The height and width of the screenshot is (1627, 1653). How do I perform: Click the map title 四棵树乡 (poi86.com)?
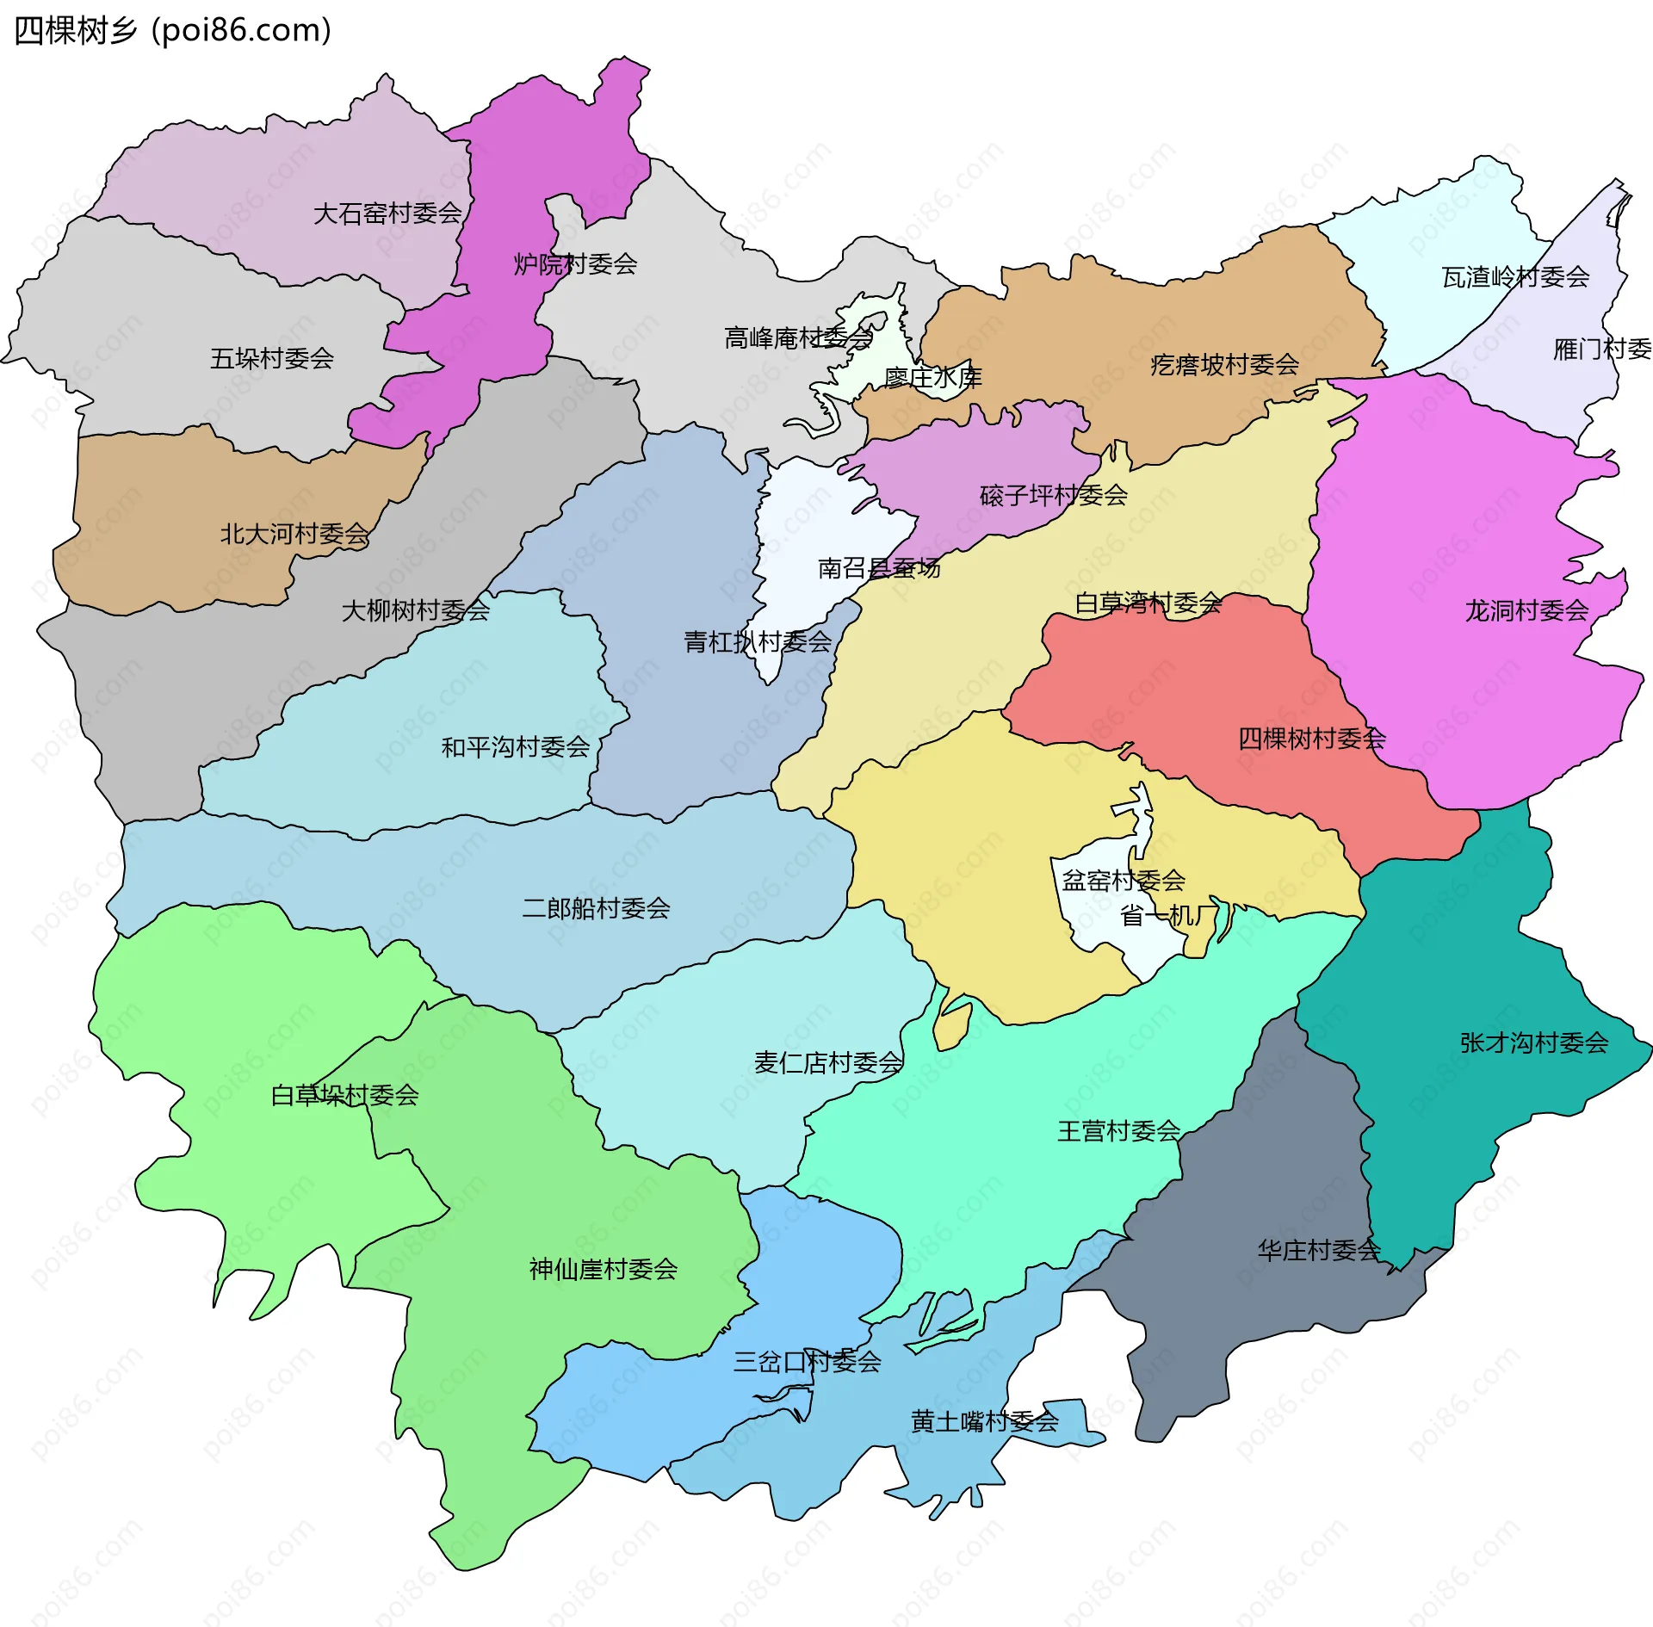point(172,30)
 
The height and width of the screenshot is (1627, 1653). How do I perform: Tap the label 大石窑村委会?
point(387,213)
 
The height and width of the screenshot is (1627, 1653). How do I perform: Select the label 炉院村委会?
point(575,263)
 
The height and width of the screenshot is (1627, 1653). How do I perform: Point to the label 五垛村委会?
point(272,358)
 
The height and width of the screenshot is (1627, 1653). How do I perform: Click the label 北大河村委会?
point(295,534)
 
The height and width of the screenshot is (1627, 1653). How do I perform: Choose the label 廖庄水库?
point(933,377)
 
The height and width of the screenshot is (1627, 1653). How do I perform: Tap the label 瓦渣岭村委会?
point(1515,276)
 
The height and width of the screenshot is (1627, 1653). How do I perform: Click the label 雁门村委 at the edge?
point(1601,349)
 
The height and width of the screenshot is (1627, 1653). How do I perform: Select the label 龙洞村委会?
point(1526,610)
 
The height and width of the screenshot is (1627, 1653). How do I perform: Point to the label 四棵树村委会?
point(1311,738)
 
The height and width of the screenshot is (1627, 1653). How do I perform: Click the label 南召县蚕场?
point(878,567)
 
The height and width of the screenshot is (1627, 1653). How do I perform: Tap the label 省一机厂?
point(1169,915)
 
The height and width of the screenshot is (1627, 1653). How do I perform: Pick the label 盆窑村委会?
point(1124,880)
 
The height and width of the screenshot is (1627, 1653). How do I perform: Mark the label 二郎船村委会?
point(596,907)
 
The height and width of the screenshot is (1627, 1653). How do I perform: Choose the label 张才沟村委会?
point(1533,1042)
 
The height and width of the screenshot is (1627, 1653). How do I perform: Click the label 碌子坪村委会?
point(1053,495)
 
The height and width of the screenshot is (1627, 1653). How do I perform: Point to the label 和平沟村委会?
point(515,746)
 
